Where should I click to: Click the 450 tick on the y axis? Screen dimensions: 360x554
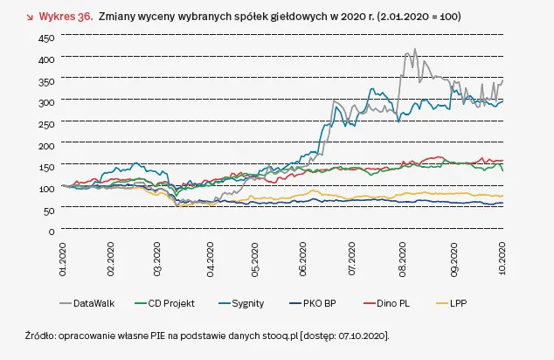45,38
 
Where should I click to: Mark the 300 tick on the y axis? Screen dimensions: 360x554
45,102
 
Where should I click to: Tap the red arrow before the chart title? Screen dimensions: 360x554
19,17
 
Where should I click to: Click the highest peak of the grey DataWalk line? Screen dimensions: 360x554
415,49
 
